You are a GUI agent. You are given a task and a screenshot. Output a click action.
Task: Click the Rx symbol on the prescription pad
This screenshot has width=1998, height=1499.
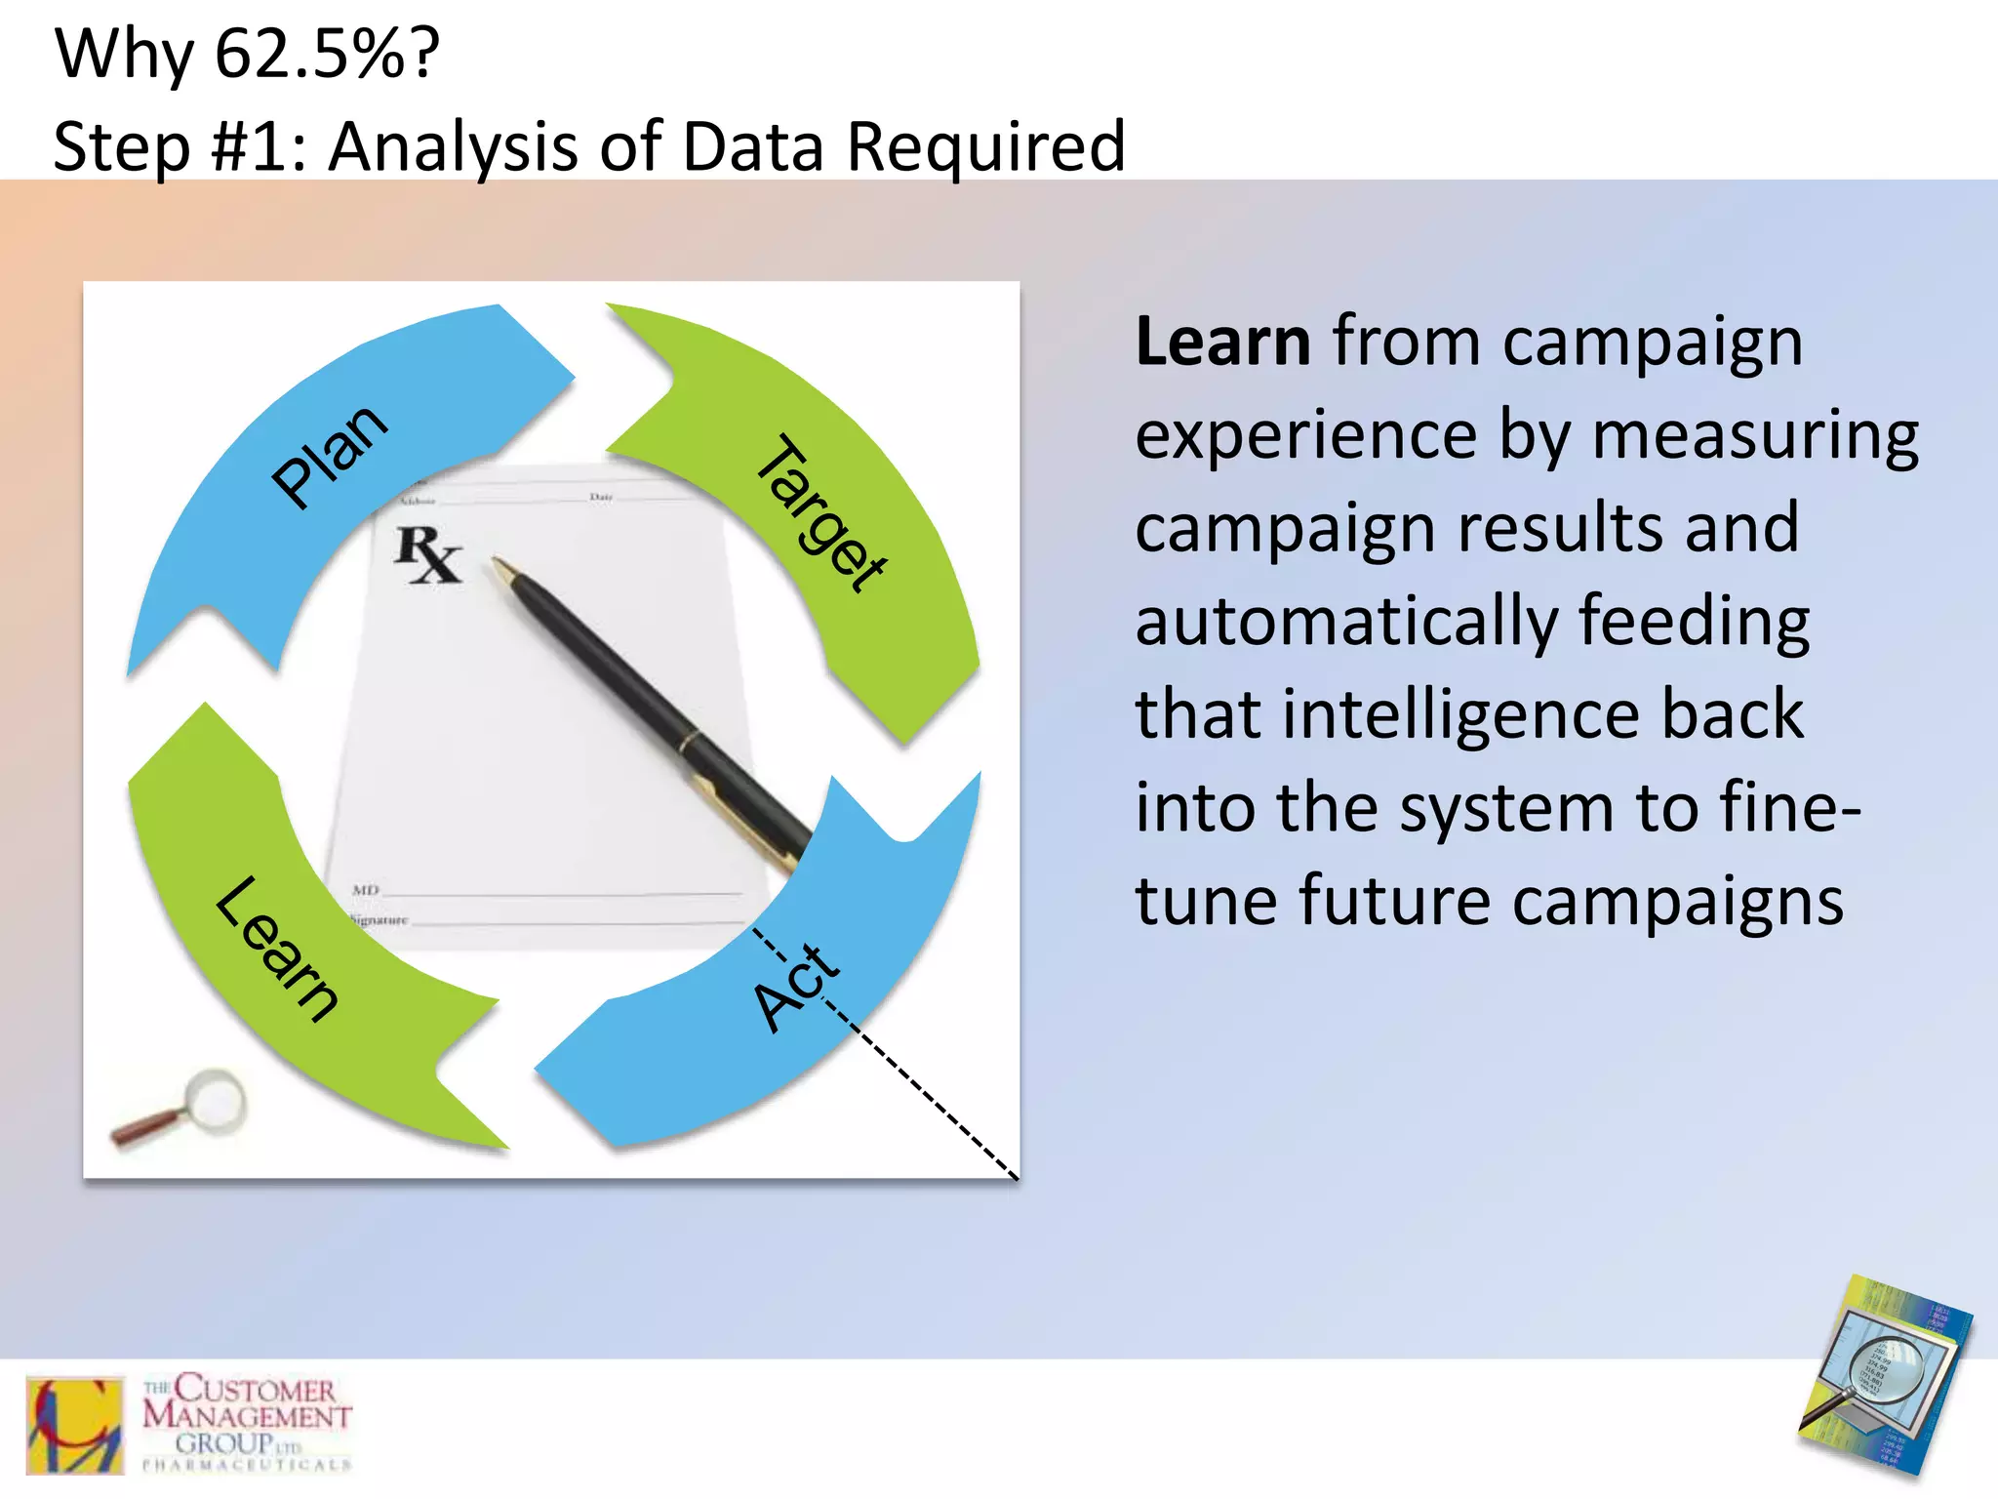point(427,554)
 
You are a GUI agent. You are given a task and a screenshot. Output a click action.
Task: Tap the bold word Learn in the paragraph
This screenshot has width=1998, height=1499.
point(1222,343)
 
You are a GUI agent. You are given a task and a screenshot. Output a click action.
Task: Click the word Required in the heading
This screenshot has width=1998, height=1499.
point(985,146)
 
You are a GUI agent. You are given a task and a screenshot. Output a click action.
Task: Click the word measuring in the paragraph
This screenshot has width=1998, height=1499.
point(1754,435)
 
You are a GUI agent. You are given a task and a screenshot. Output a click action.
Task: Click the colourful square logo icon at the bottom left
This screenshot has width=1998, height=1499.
point(75,1424)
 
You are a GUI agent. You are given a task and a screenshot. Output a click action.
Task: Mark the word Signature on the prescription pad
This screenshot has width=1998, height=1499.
point(379,919)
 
